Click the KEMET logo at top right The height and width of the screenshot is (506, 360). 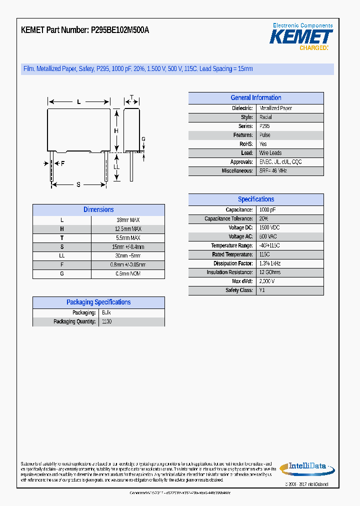(x=301, y=36)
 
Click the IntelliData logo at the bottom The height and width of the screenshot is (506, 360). (x=306, y=467)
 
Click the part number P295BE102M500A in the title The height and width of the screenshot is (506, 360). (x=119, y=30)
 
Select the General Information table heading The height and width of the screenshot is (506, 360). (x=255, y=98)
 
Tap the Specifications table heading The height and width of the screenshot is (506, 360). (x=255, y=199)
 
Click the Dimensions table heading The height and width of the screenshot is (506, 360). (x=98, y=210)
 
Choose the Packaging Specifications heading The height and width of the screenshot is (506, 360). (x=98, y=302)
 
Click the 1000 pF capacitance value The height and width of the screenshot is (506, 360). (x=267, y=210)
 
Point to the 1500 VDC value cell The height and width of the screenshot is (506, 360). (x=269, y=227)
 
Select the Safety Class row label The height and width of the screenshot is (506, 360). (x=239, y=290)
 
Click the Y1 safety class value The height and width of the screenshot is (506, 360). (x=262, y=290)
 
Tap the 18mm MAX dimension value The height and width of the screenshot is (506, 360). (x=128, y=220)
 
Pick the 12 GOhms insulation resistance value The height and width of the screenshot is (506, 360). (x=270, y=272)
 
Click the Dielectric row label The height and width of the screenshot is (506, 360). (x=242, y=108)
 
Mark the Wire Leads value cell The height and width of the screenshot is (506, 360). (x=270, y=153)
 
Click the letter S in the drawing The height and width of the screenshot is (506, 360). (x=78, y=184)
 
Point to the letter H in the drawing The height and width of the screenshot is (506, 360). (x=116, y=131)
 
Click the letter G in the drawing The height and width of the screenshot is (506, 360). (x=143, y=139)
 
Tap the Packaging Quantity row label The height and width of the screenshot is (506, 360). (x=74, y=321)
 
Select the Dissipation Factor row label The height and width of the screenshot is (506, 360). (x=233, y=263)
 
